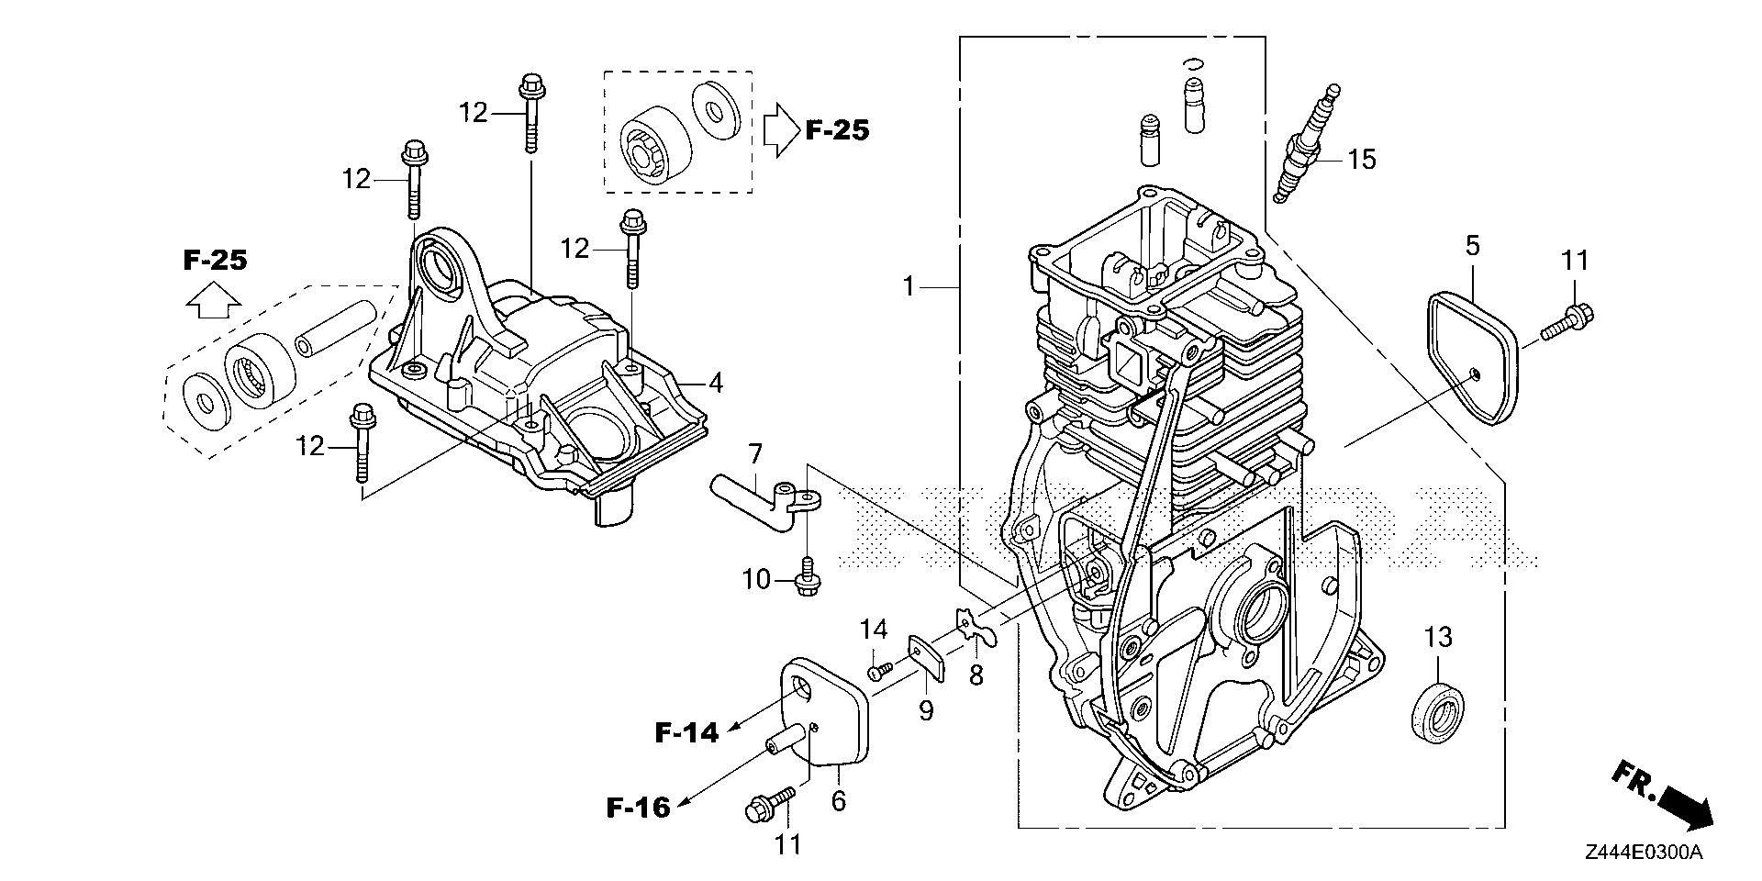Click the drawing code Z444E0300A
[x=1643, y=853]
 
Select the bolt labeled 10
[x=808, y=578]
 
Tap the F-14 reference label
[x=686, y=731]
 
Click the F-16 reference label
[x=638, y=808]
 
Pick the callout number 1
[x=909, y=287]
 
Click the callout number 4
[x=715, y=383]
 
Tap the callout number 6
[x=838, y=800]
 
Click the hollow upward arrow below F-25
[x=213, y=299]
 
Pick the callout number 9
[x=926, y=709]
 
